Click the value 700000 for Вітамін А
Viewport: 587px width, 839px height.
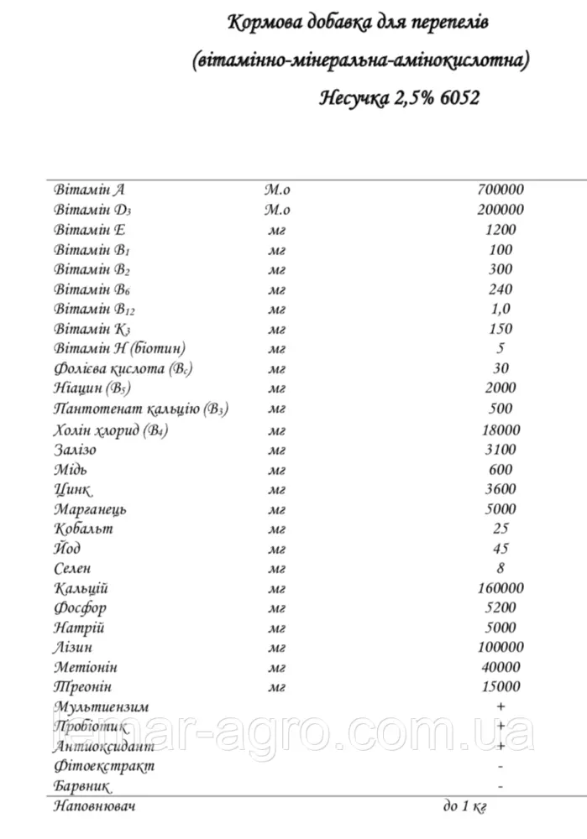pyautogui.click(x=501, y=190)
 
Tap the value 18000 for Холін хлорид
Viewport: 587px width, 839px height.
pyautogui.click(x=501, y=430)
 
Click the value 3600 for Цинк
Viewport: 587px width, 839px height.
pyautogui.click(x=501, y=489)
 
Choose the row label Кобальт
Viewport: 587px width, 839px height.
pyautogui.click(x=82, y=529)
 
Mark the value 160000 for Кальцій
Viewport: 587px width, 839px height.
pyautogui.click(x=501, y=588)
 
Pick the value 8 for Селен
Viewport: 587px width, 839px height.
pyautogui.click(x=501, y=568)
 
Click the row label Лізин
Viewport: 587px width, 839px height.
pyautogui.click(x=72, y=647)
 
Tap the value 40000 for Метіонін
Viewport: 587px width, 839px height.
pyautogui.click(x=501, y=667)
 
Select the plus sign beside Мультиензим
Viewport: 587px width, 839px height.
pyautogui.click(x=501, y=706)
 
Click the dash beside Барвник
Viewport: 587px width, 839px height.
pyautogui.click(x=501, y=786)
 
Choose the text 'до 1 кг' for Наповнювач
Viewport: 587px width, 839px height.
pyautogui.click(x=464, y=806)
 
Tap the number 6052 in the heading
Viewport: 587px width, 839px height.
pyautogui.click(x=458, y=98)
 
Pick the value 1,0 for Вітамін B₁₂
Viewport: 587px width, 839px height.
pyautogui.click(x=501, y=310)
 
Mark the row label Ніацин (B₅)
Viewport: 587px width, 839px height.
pyautogui.click(x=92, y=388)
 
